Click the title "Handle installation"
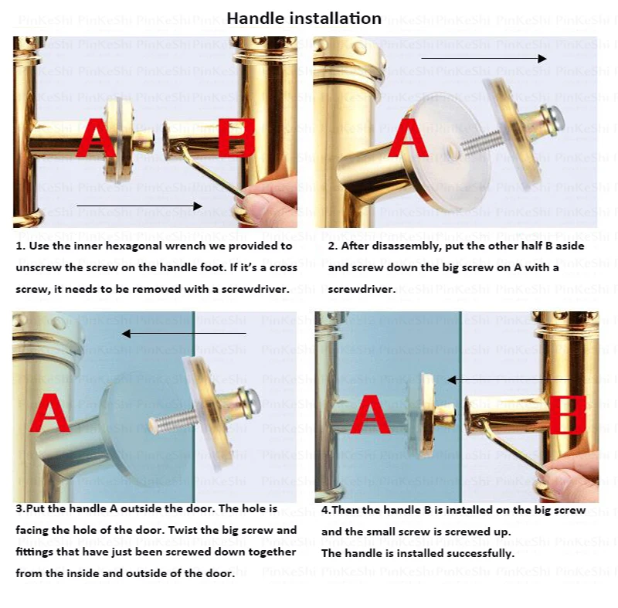tap(304, 19)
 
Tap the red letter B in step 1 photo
tap(236, 138)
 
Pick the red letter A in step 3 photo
tap(49, 413)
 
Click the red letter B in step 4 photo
tap(568, 415)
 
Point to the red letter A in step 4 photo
tap(370, 415)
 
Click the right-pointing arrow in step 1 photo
tap(139, 206)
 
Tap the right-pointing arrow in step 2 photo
tap(484, 58)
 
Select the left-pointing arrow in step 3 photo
tap(184, 334)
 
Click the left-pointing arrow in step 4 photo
tap(509, 380)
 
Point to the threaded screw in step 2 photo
tap(481, 143)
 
